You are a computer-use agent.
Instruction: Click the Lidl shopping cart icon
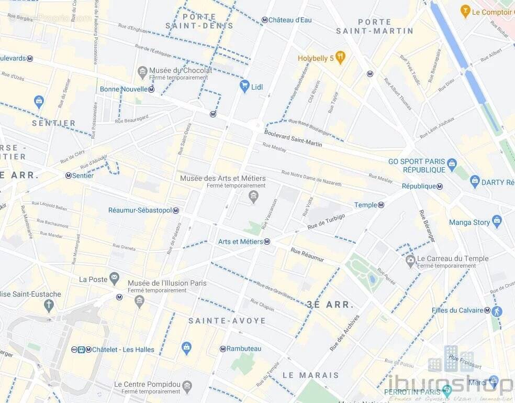click(x=244, y=86)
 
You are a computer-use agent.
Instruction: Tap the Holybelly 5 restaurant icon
click(x=341, y=58)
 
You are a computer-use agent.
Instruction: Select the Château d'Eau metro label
click(x=290, y=20)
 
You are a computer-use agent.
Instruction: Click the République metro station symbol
click(x=440, y=187)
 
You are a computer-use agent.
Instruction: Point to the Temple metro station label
click(x=365, y=205)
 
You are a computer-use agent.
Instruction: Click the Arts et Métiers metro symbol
click(x=267, y=242)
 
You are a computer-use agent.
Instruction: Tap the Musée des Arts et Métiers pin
click(x=254, y=197)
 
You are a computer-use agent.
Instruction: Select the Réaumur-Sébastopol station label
click(x=140, y=210)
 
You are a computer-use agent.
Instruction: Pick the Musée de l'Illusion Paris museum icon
click(x=139, y=300)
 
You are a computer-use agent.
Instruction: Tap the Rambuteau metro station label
click(x=244, y=348)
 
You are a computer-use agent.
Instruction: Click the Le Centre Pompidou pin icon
click(x=187, y=387)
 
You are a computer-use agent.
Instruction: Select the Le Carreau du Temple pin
click(x=410, y=260)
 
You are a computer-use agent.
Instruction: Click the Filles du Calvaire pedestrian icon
click(x=497, y=311)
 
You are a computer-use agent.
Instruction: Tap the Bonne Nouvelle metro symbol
click(x=151, y=90)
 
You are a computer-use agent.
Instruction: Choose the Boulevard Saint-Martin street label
click(x=293, y=138)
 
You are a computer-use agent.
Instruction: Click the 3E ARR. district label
click(x=330, y=304)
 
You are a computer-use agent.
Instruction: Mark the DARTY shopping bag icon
click(x=475, y=182)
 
